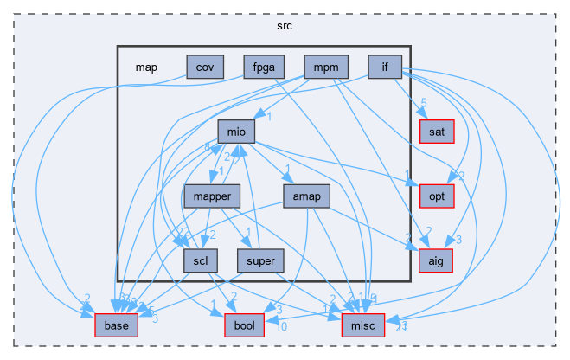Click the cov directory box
[x=205, y=67]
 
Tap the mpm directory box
[x=326, y=67]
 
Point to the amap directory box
[x=306, y=196]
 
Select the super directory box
[x=260, y=260]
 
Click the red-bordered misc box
[x=356, y=325]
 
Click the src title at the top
[x=285, y=26]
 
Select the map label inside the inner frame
[x=146, y=67]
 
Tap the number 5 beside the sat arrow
[x=424, y=103]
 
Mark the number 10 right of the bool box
[x=281, y=326]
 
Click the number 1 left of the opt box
[x=407, y=180]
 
